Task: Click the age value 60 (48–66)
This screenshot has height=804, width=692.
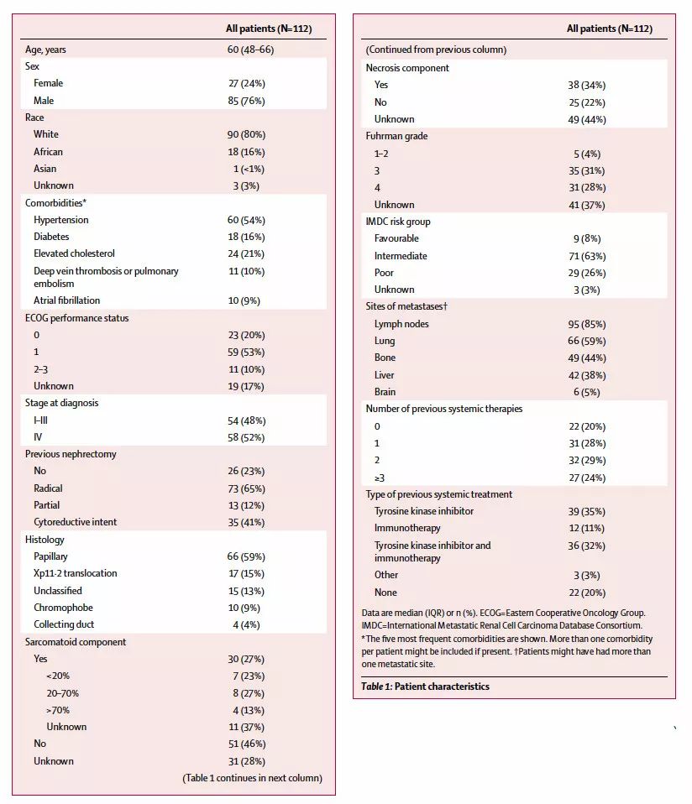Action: [250, 50]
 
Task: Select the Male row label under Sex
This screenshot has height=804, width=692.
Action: [44, 101]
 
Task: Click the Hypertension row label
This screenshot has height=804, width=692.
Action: [60, 220]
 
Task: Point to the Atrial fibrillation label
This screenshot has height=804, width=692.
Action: [66, 300]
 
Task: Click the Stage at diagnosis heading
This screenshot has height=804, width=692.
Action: [61, 403]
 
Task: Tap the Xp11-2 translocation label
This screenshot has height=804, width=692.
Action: [75, 573]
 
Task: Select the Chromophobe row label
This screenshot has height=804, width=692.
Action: [63, 608]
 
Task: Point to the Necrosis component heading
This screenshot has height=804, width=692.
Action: [407, 68]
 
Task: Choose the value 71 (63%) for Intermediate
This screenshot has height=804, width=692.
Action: [587, 256]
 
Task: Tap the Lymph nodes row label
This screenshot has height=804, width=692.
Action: [402, 324]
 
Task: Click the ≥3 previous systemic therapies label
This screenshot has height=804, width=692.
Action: [380, 478]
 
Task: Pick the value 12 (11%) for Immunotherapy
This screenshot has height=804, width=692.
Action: [587, 528]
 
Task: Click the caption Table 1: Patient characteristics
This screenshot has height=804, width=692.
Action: [425, 687]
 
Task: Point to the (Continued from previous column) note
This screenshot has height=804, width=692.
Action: [436, 50]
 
